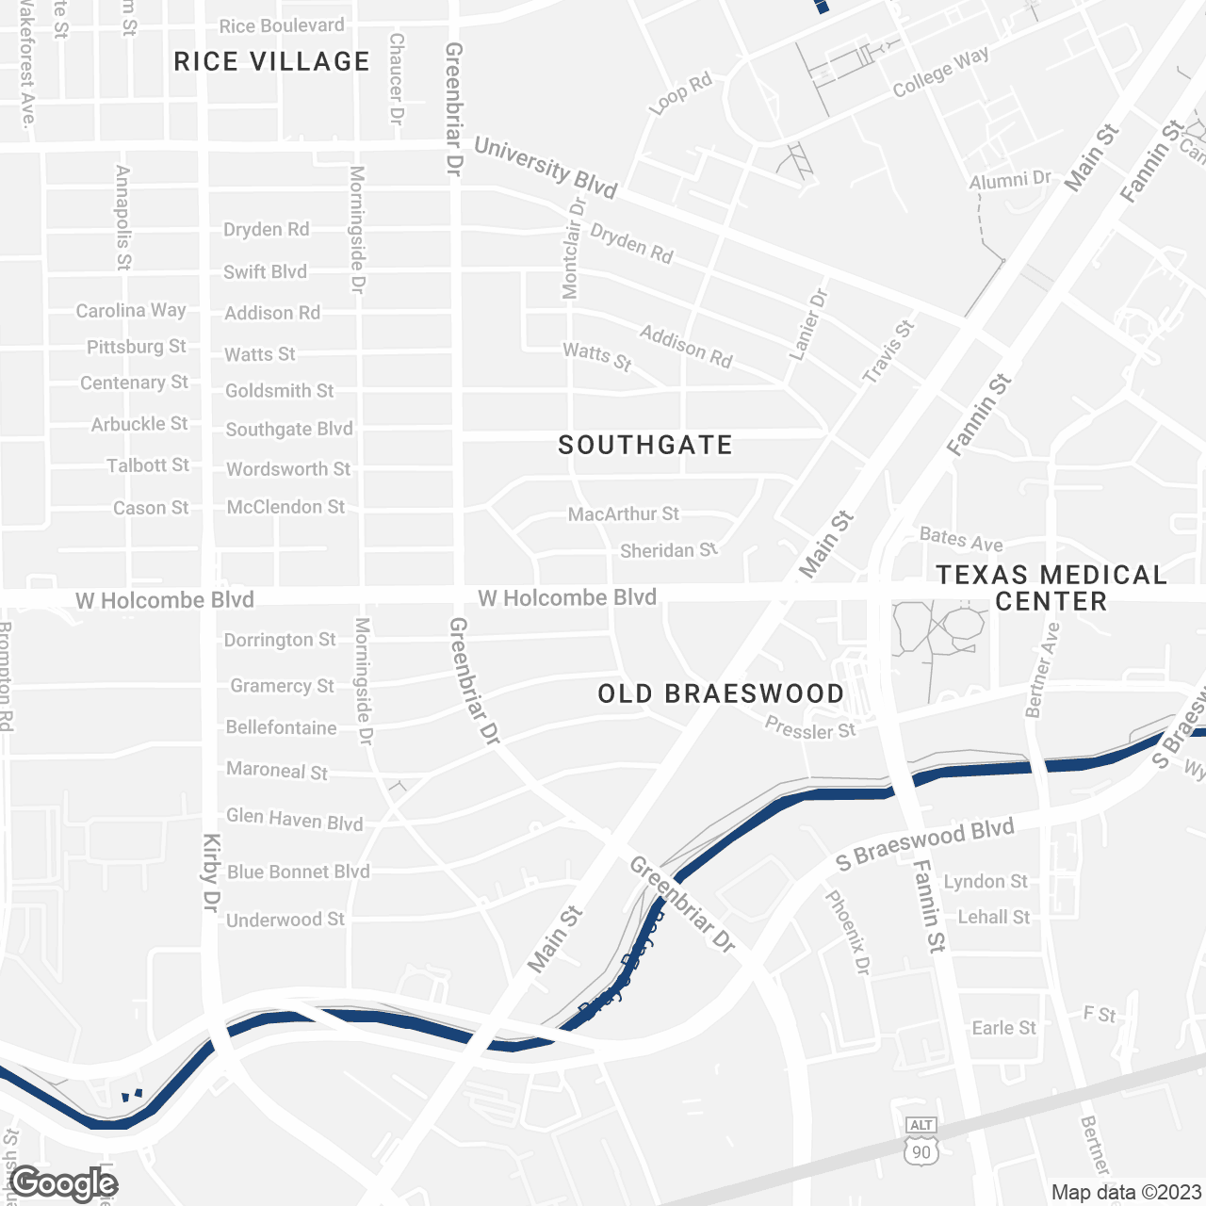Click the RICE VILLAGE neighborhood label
[x=271, y=62]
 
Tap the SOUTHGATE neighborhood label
[x=645, y=445]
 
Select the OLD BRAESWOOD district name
[x=721, y=694]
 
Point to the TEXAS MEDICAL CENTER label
[x=1051, y=588]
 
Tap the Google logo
[x=64, y=1183]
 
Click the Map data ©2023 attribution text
[x=1126, y=1192]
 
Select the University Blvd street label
[x=545, y=168]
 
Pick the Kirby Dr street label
[x=211, y=872]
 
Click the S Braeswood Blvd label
[x=925, y=843]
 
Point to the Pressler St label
[x=810, y=728]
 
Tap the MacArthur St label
[x=623, y=513]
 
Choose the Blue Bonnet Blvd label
[x=298, y=872]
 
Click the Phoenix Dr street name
[x=848, y=933]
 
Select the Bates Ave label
[x=961, y=540]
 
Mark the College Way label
[x=940, y=72]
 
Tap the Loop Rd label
[x=680, y=94]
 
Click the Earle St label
[x=1003, y=1028]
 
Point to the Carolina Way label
[x=131, y=310]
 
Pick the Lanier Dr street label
[x=807, y=323]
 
